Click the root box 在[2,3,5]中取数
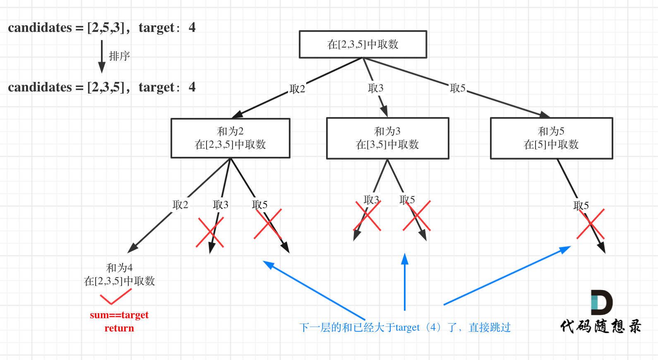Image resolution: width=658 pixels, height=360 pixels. (363, 44)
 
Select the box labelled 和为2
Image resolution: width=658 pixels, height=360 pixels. (231, 138)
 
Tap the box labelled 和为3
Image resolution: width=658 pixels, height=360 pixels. (387, 138)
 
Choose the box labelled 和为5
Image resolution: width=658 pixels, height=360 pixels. (551, 138)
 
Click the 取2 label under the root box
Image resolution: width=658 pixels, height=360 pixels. (297, 89)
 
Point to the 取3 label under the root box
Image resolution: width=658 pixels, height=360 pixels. (376, 88)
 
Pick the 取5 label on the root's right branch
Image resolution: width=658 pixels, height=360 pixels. (458, 88)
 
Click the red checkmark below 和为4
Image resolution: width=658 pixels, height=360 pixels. (115, 296)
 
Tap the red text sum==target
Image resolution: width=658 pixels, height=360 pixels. (119, 315)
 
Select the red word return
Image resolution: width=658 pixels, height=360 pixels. (119, 328)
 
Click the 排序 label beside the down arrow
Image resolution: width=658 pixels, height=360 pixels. (119, 56)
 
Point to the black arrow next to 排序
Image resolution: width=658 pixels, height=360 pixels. (101, 56)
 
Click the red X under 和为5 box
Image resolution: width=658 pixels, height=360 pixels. (591, 224)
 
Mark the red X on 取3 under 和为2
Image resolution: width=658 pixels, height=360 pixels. (210, 233)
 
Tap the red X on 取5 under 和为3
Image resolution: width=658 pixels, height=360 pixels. (417, 216)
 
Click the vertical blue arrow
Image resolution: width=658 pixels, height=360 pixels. (405, 281)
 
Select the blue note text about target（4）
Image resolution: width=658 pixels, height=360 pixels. (405, 328)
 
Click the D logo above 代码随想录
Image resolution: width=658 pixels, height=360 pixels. (601, 302)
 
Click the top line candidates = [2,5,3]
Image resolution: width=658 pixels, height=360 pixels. (101, 28)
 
